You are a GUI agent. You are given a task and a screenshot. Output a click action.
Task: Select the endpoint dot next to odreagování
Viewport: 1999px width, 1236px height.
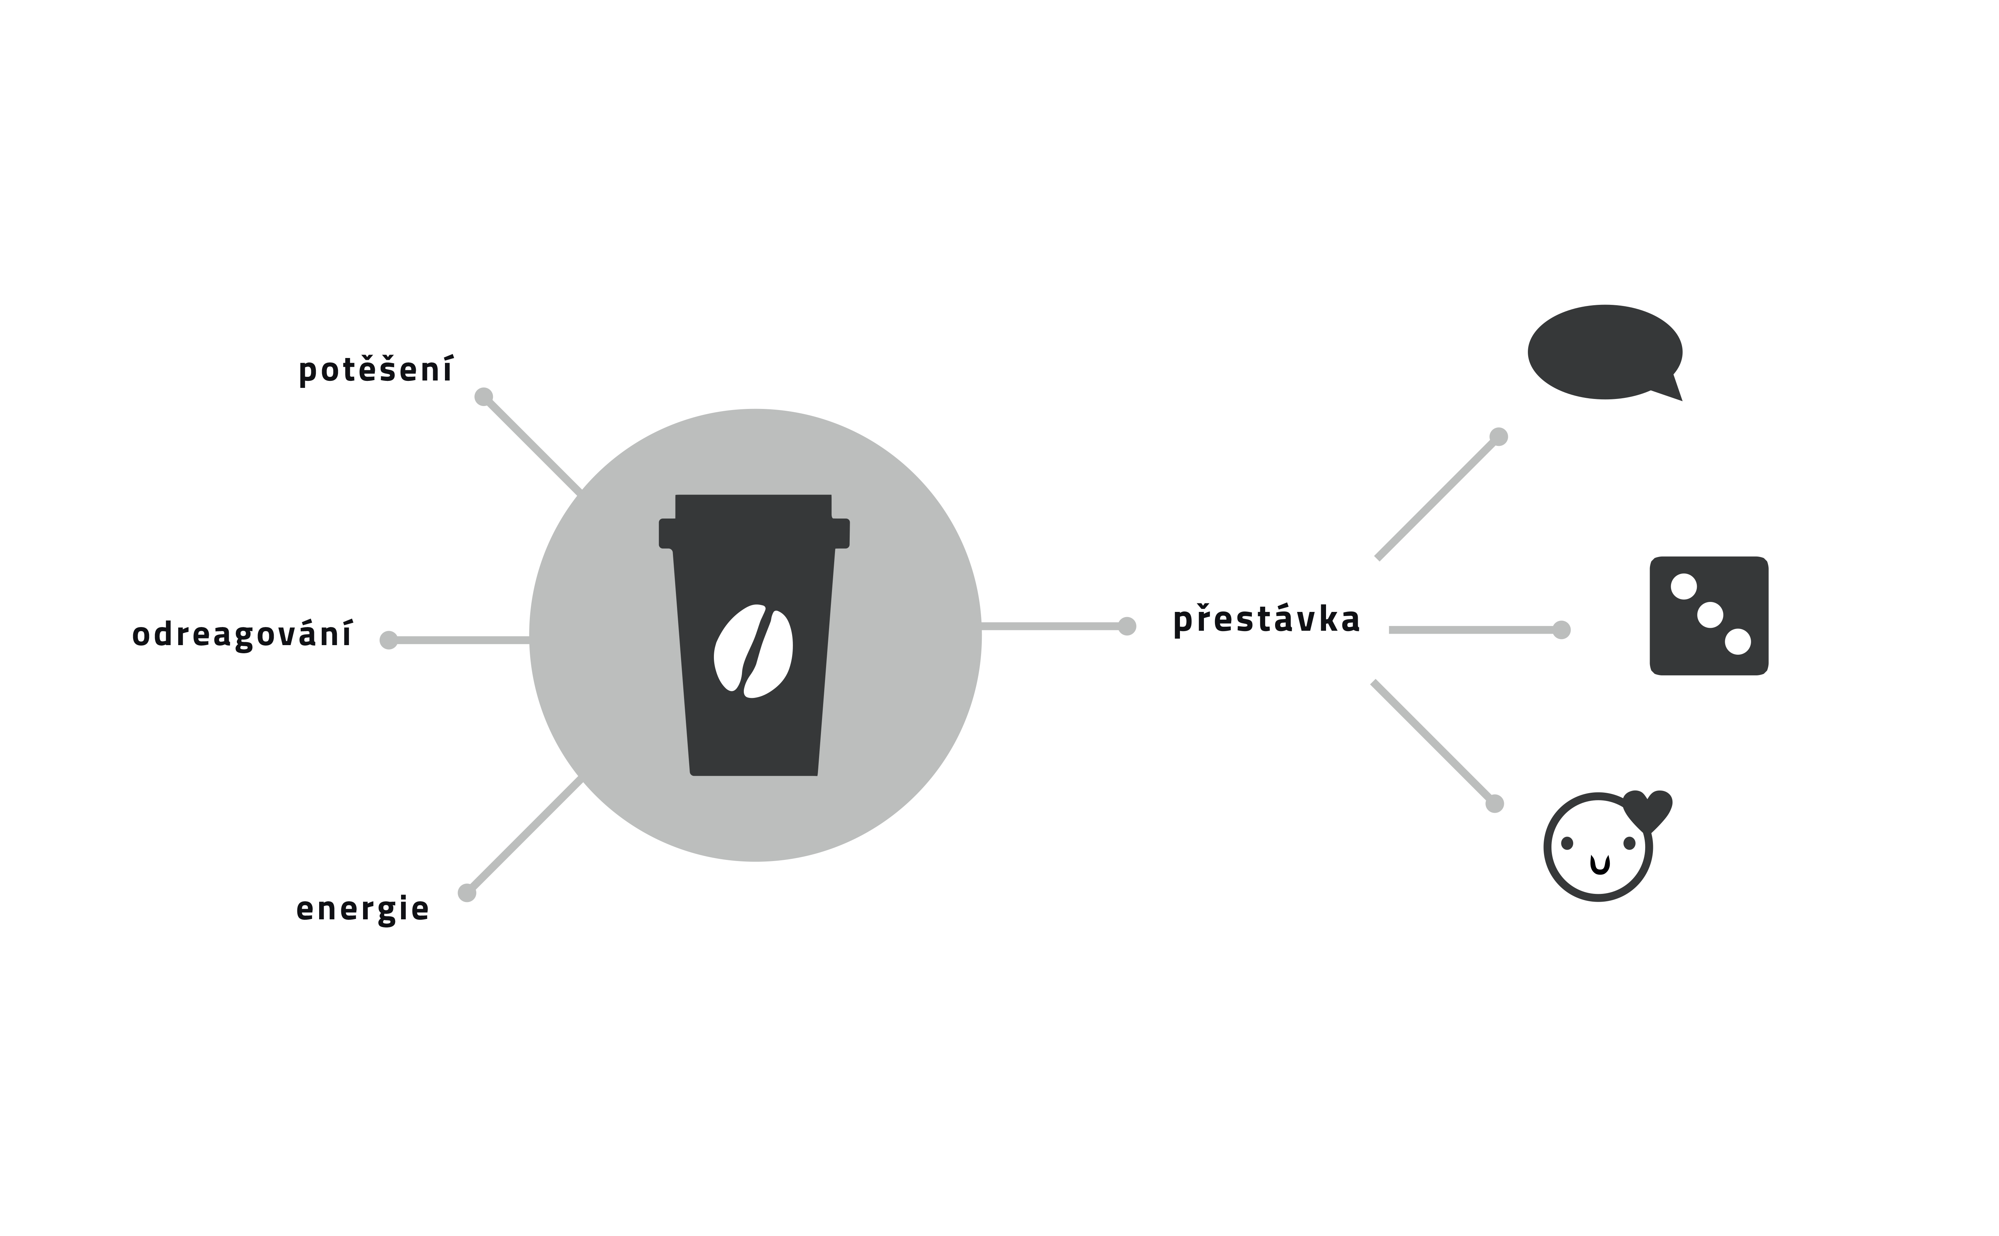pos(389,640)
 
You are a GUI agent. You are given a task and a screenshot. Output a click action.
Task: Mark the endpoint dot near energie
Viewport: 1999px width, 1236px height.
pos(467,893)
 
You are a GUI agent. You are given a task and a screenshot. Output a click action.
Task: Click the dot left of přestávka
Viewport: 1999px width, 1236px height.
pos(1127,626)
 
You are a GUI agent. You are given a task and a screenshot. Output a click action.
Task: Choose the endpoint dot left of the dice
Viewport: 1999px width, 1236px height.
pos(1561,630)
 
